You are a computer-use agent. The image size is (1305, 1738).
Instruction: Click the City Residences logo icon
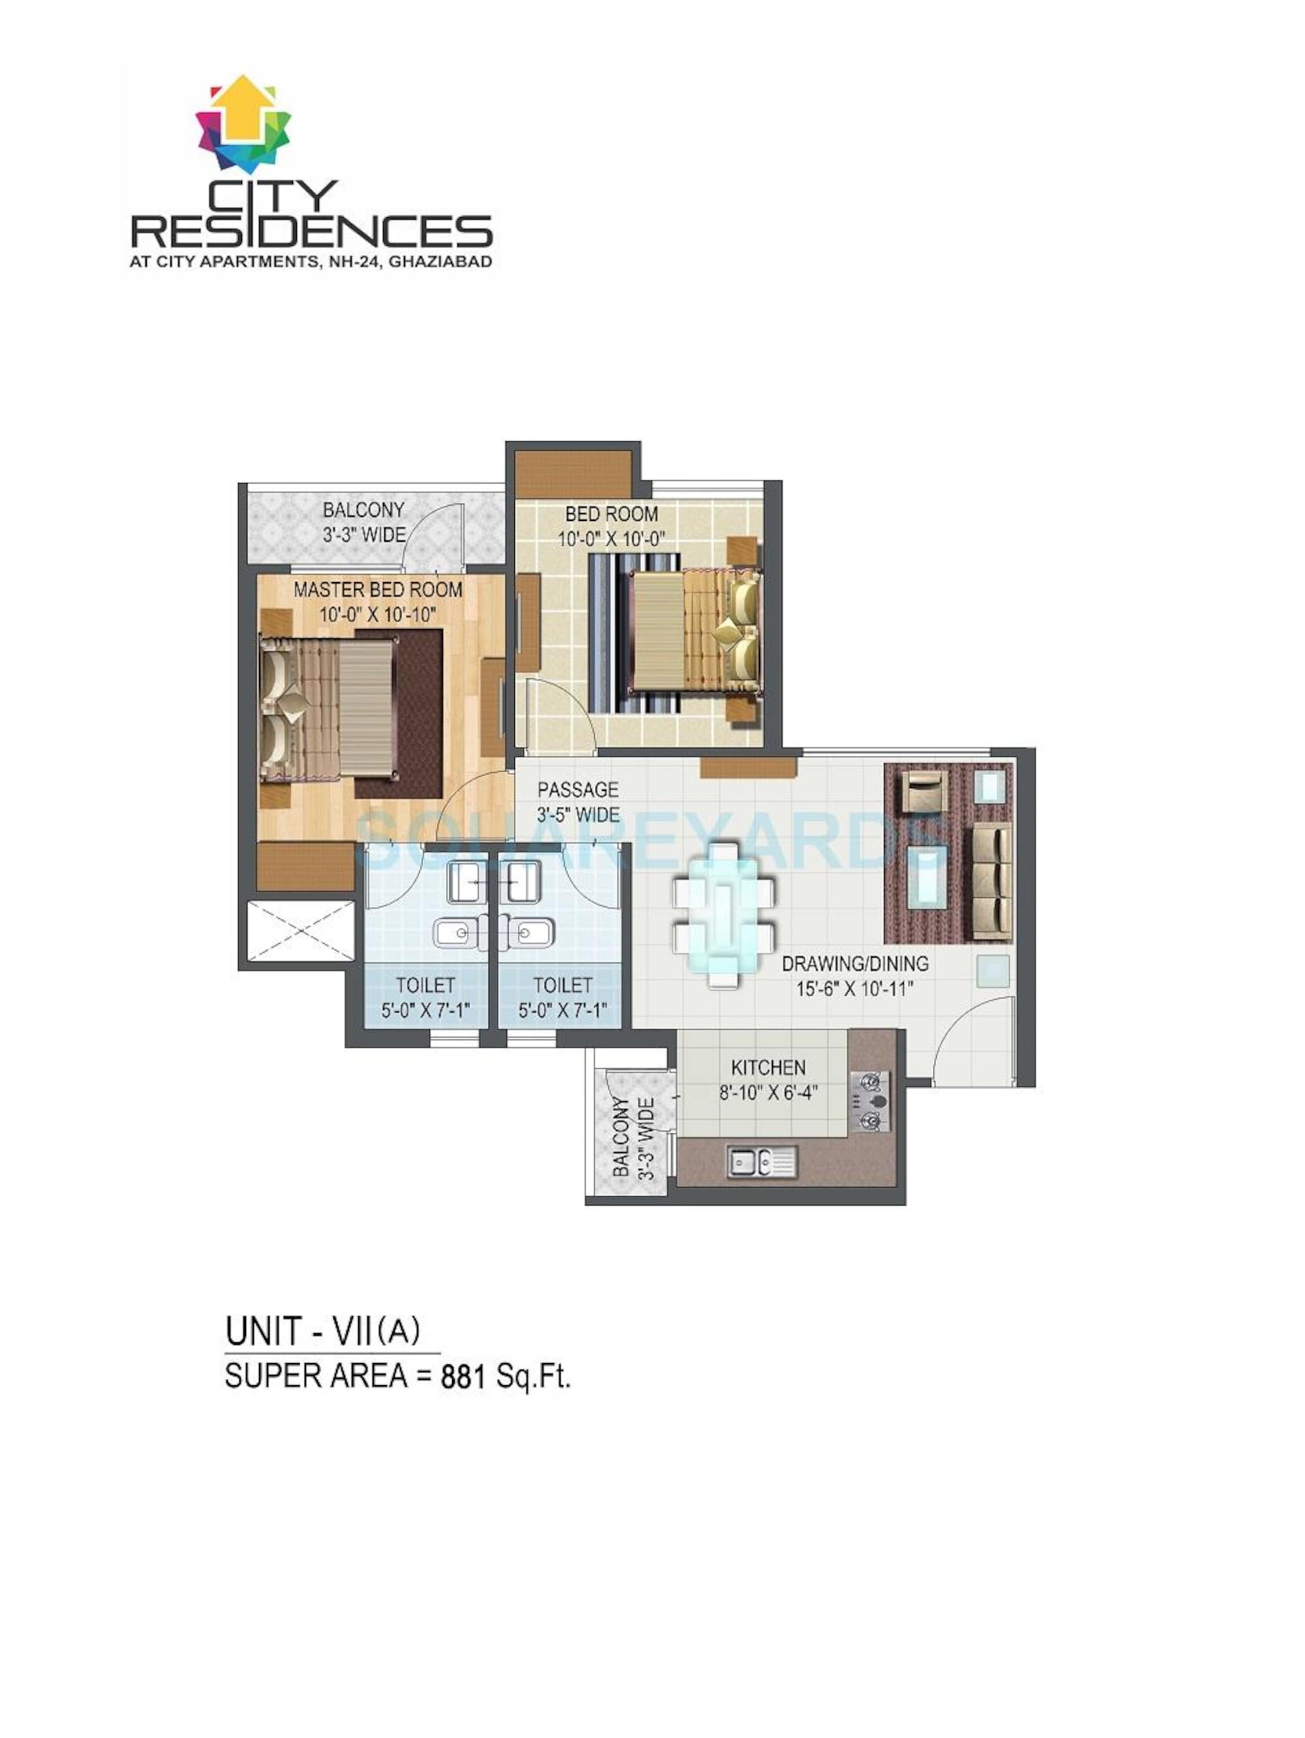point(243,124)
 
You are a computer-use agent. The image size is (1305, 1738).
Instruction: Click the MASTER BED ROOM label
point(377,589)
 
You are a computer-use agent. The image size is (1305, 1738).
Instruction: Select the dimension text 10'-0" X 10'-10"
point(377,615)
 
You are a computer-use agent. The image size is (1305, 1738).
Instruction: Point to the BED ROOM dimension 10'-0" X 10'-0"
point(612,539)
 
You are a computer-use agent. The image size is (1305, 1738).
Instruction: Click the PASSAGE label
point(578,789)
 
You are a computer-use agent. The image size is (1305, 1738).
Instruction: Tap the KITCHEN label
point(768,1067)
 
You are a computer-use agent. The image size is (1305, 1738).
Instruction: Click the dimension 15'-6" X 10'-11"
point(855,988)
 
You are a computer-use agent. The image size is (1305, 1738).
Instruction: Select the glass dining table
point(724,914)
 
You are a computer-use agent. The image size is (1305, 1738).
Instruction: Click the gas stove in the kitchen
point(870,1101)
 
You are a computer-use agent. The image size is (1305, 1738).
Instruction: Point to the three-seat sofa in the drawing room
point(991,882)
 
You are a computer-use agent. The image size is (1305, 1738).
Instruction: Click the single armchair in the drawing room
point(925,790)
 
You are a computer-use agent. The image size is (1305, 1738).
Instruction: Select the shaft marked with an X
point(301,929)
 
